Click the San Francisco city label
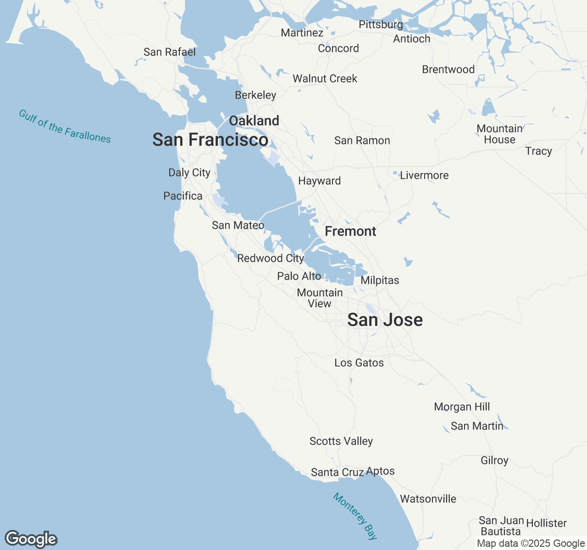[210, 140]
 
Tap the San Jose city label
[385, 320]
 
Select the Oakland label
[254, 121]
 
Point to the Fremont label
[350, 231]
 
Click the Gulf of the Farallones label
[65, 126]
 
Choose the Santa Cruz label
[337, 472]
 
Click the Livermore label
[424, 176]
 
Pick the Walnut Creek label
[325, 79]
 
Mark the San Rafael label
[169, 52]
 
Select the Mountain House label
[499, 134]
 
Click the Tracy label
[538, 151]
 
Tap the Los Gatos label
[359, 363]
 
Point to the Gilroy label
[494, 461]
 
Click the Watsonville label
[428, 499]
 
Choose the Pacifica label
[183, 196]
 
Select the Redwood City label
[271, 258]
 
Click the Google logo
[31, 539]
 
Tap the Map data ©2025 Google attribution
[531, 544]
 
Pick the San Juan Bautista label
[501, 526]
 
